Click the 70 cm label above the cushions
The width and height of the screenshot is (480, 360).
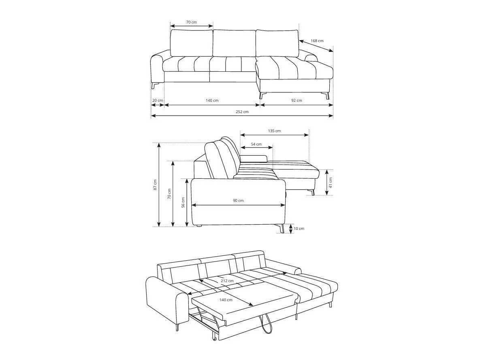[192, 22]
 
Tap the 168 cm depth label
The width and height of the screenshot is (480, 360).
[317, 41]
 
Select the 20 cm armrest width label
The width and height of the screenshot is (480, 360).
[157, 101]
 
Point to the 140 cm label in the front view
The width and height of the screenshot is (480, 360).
[212, 101]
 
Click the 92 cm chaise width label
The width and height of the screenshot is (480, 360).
[296, 101]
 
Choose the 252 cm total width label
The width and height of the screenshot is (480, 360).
[242, 112]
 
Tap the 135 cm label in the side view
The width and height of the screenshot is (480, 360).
[274, 131]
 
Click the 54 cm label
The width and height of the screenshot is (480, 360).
[256, 144]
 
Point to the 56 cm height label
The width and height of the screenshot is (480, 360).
[183, 202]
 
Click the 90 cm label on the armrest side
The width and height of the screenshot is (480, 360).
[238, 201]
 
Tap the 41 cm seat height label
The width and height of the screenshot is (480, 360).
[330, 182]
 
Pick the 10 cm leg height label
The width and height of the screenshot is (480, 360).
[299, 229]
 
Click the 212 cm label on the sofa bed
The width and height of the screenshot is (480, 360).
[227, 281]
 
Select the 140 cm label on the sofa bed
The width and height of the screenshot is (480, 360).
[226, 300]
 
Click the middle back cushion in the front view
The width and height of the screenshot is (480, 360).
[234, 43]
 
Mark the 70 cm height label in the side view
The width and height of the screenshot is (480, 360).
[169, 194]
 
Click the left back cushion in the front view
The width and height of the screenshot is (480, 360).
[191, 43]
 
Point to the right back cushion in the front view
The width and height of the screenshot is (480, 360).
[277, 43]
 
